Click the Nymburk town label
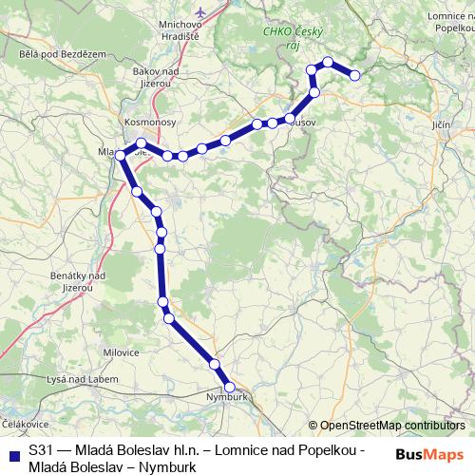pyautogui.click(x=225, y=398)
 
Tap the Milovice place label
pyautogui.click(x=121, y=352)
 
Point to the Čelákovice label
pyautogui.click(x=24, y=422)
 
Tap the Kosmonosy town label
pyautogui.click(x=146, y=123)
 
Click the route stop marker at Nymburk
pyautogui.click(x=229, y=388)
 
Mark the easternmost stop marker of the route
pyautogui.click(x=355, y=74)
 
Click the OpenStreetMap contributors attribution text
pyautogui.click(x=393, y=427)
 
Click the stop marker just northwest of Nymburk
pyautogui.click(x=215, y=365)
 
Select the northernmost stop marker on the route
pyautogui.click(x=328, y=63)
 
